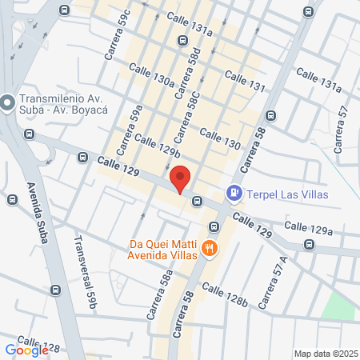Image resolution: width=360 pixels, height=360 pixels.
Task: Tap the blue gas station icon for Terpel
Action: pyautogui.click(x=234, y=192)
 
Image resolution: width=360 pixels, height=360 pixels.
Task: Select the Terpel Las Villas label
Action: pyautogui.click(x=288, y=193)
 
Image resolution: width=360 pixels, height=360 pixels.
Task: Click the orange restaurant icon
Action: pyautogui.click(x=210, y=248)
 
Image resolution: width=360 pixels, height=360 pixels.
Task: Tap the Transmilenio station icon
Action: pyautogui.click(x=8, y=102)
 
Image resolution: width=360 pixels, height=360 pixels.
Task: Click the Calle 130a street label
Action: pyautogui.click(x=151, y=76)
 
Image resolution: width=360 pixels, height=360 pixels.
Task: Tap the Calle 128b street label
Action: pyautogui.click(x=225, y=294)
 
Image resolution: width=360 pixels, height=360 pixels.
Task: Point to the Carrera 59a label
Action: pyautogui.click(x=129, y=130)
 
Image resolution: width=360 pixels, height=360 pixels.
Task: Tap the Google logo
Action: pyautogui.click(x=26, y=350)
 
